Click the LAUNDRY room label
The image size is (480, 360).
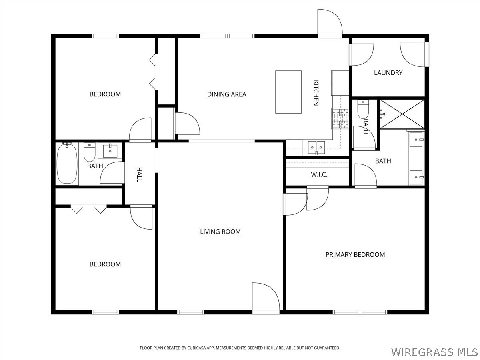coord(388,73)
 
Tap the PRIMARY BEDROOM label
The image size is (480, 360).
coord(355,255)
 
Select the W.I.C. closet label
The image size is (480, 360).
coord(319,175)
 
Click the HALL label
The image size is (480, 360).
coord(139,174)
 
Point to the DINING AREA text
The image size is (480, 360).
coord(226,94)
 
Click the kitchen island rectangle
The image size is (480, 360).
coord(288,92)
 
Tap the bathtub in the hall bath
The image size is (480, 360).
coord(67,164)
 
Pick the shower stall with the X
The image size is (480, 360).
coord(402,114)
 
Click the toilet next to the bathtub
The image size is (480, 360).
coord(90,153)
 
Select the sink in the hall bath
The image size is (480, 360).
coord(110,151)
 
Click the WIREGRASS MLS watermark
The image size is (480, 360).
coord(434,352)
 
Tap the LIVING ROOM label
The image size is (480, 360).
coord(220,232)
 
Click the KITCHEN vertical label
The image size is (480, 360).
coord(316,93)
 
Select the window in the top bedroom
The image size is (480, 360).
coord(105,36)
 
